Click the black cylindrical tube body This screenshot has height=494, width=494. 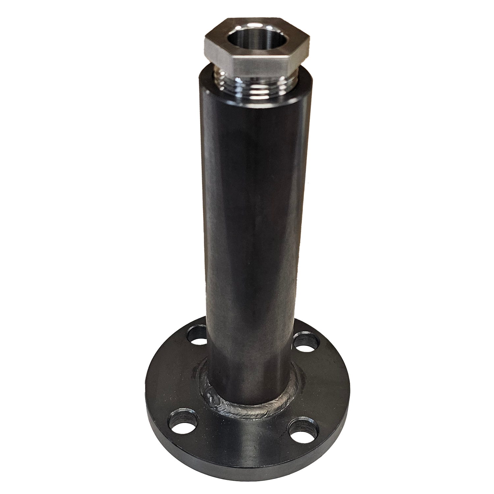(x=254, y=214)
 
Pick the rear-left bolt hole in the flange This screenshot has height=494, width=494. (x=197, y=335)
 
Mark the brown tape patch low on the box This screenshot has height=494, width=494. (x=316, y=263)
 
